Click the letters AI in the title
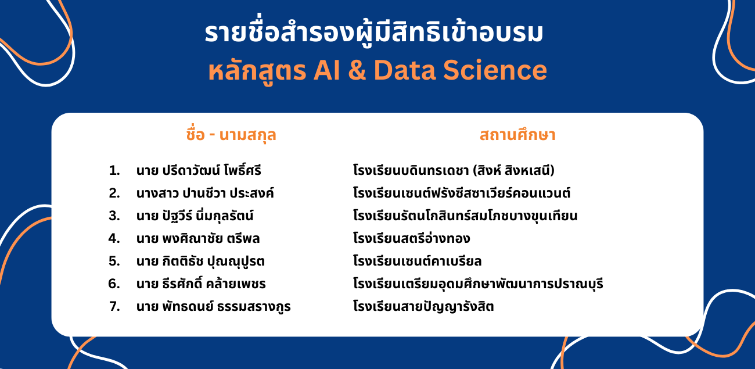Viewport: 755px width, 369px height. (x=326, y=70)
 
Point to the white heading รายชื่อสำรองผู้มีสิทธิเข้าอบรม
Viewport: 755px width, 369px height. (x=374, y=33)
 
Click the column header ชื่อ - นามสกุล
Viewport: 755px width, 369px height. (x=231, y=135)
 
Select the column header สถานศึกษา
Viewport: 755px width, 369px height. (x=517, y=135)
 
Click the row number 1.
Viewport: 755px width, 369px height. (x=114, y=171)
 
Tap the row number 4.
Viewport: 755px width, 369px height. (x=114, y=238)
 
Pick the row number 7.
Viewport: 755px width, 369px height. (x=114, y=307)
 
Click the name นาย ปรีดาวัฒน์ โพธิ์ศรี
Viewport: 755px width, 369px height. (x=199, y=170)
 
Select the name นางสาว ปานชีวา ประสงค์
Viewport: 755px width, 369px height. (x=205, y=193)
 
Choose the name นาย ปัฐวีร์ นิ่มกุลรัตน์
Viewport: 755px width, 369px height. (x=195, y=215)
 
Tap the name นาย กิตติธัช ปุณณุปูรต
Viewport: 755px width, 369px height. (x=200, y=261)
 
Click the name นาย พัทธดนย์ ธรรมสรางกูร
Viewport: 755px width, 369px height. (x=213, y=306)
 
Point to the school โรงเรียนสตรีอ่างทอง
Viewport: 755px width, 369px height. (x=412, y=238)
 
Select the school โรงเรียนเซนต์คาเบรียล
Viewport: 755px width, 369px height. (x=417, y=261)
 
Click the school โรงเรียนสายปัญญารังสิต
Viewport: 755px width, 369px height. (x=423, y=306)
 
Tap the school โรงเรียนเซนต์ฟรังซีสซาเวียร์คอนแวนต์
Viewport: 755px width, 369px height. (x=462, y=192)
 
